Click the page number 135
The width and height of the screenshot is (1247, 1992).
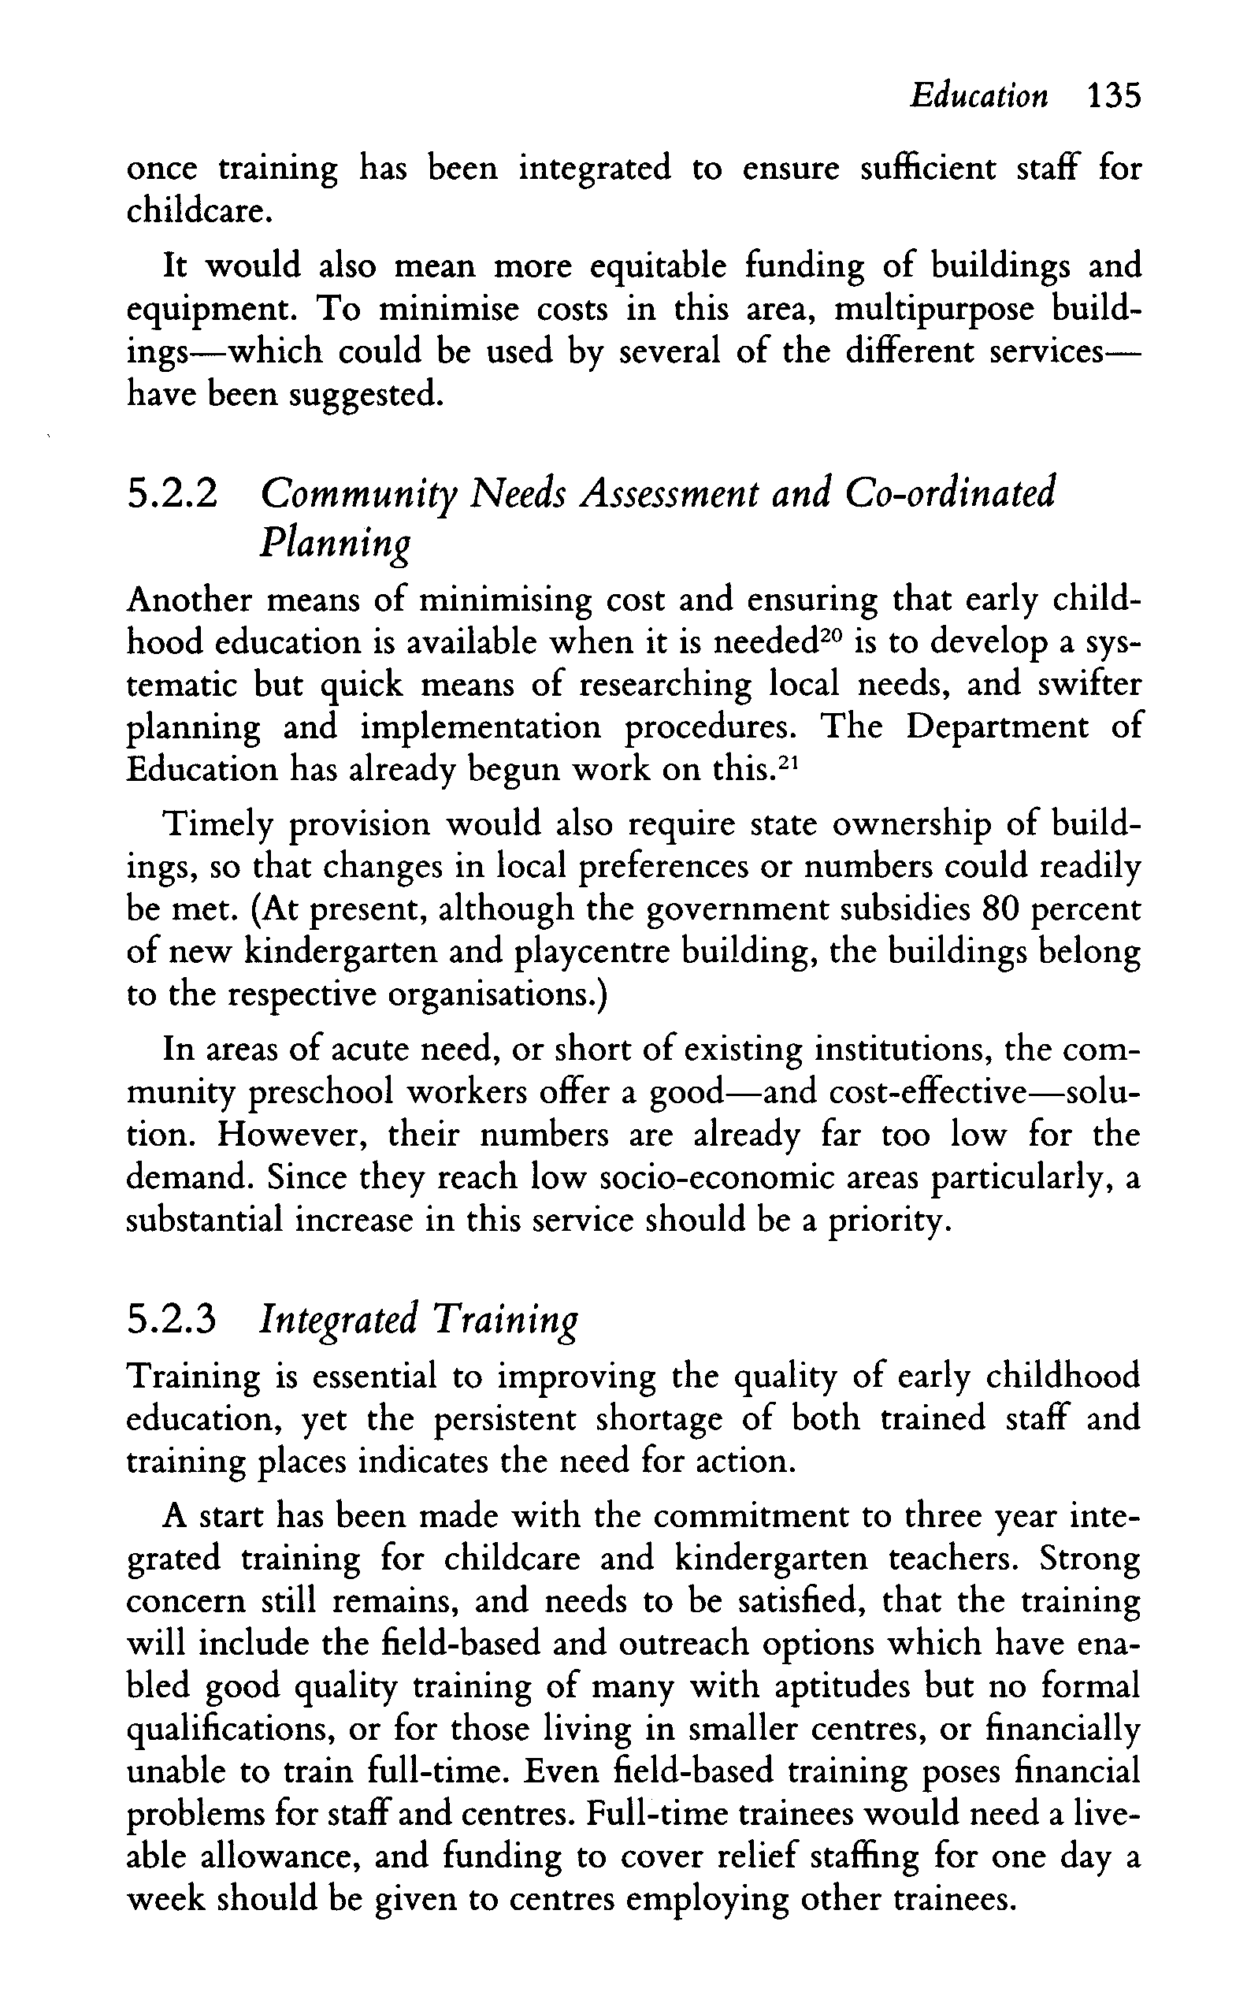click(1113, 96)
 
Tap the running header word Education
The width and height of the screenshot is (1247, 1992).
click(979, 96)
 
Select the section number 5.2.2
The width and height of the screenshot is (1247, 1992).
click(173, 495)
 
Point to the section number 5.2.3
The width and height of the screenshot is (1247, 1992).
click(173, 1318)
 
